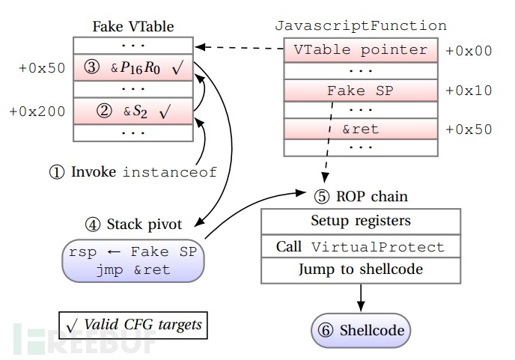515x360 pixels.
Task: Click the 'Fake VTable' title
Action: pyautogui.click(x=132, y=27)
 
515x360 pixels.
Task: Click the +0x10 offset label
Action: pyautogui.click(x=469, y=90)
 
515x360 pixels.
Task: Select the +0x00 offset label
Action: pyautogui.click(x=469, y=51)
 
